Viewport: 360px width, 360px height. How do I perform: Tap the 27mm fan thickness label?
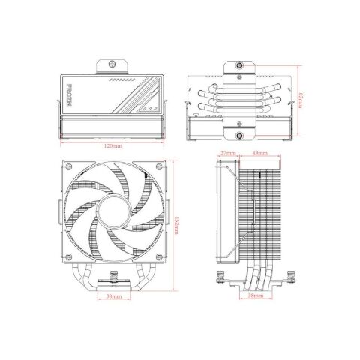(x=229, y=154)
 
